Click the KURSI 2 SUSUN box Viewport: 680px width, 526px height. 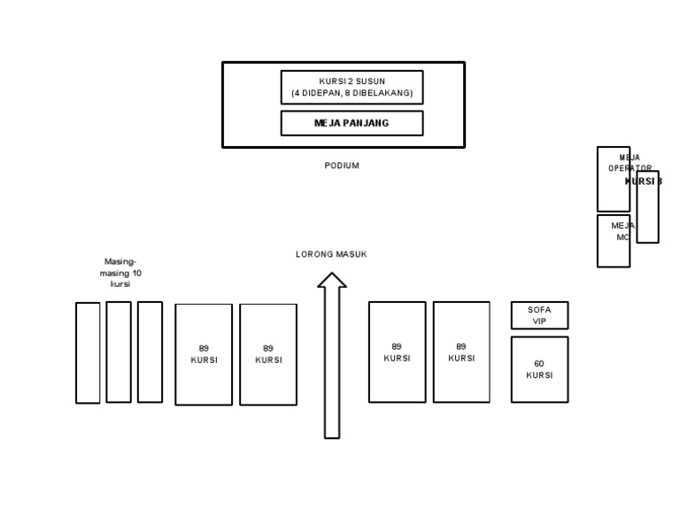tap(352, 87)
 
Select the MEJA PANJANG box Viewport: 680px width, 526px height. tap(352, 123)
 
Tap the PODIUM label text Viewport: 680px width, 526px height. tap(342, 166)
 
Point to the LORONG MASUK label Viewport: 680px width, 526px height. tap(331, 254)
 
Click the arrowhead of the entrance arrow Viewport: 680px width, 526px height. tap(332, 281)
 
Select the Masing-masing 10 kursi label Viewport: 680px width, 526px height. tap(120, 273)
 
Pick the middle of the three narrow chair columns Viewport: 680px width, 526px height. tap(119, 352)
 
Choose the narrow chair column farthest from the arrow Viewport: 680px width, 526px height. tap(88, 352)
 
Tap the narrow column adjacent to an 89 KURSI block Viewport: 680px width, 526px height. tap(150, 352)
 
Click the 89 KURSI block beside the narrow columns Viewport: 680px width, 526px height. tap(204, 354)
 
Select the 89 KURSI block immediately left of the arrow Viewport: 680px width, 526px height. tap(268, 354)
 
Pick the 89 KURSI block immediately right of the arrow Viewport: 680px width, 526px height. tap(397, 352)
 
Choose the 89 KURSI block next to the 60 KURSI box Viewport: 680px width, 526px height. tap(461, 352)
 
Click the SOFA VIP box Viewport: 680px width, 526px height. tap(539, 315)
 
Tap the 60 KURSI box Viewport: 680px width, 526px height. tap(539, 369)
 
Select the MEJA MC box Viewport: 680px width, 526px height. tap(613, 241)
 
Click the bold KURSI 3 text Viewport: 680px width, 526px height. tap(644, 182)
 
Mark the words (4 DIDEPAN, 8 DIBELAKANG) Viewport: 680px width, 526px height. tap(352, 93)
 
